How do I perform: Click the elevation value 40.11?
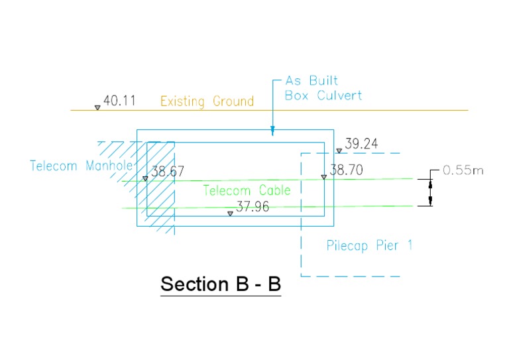click(x=120, y=101)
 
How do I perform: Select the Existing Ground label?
click(x=207, y=101)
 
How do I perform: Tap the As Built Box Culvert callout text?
click(x=323, y=88)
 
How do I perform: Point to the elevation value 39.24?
click(x=362, y=144)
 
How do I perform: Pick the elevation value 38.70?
click(x=347, y=170)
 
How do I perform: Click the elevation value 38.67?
click(x=168, y=172)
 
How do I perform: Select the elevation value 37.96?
click(x=252, y=206)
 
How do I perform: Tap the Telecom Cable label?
click(x=247, y=190)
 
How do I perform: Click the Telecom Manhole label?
click(x=82, y=166)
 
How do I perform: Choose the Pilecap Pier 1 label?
click(x=369, y=246)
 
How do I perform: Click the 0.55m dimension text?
click(x=463, y=170)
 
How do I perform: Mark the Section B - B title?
click(x=221, y=284)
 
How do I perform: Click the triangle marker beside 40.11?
click(x=97, y=107)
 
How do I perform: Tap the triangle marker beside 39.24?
click(x=339, y=150)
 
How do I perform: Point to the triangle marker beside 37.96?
click(x=230, y=213)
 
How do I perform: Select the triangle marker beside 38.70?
click(x=323, y=176)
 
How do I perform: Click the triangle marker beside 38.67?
click(x=145, y=178)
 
